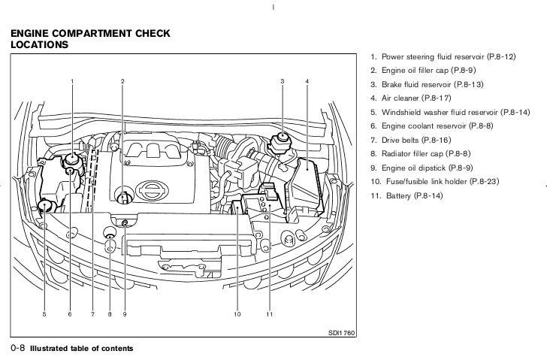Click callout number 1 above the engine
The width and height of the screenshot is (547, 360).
click(x=72, y=81)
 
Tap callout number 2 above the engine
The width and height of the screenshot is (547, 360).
click(x=122, y=81)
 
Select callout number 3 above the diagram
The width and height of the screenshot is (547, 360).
click(x=282, y=81)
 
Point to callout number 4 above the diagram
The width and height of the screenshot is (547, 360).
click(x=307, y=81)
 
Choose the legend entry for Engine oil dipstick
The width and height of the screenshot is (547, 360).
click(x=422, y=168)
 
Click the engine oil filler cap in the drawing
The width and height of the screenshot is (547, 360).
click(x=123, y=198)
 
